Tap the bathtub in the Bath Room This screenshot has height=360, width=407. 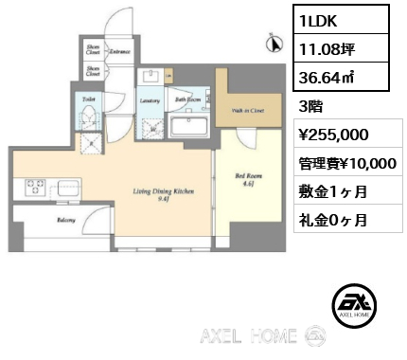point(188,125)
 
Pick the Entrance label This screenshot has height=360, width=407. point(120,51)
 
